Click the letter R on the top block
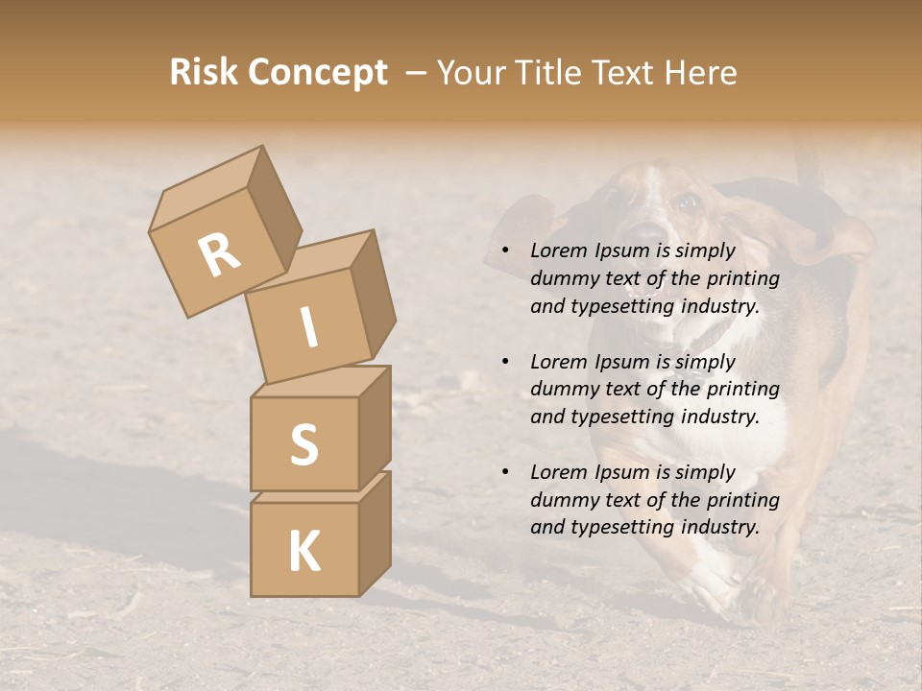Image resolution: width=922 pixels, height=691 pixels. pos(220,254)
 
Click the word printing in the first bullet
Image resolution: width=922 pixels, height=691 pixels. pos(745,278)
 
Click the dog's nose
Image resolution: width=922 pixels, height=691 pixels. pos(645,236)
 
